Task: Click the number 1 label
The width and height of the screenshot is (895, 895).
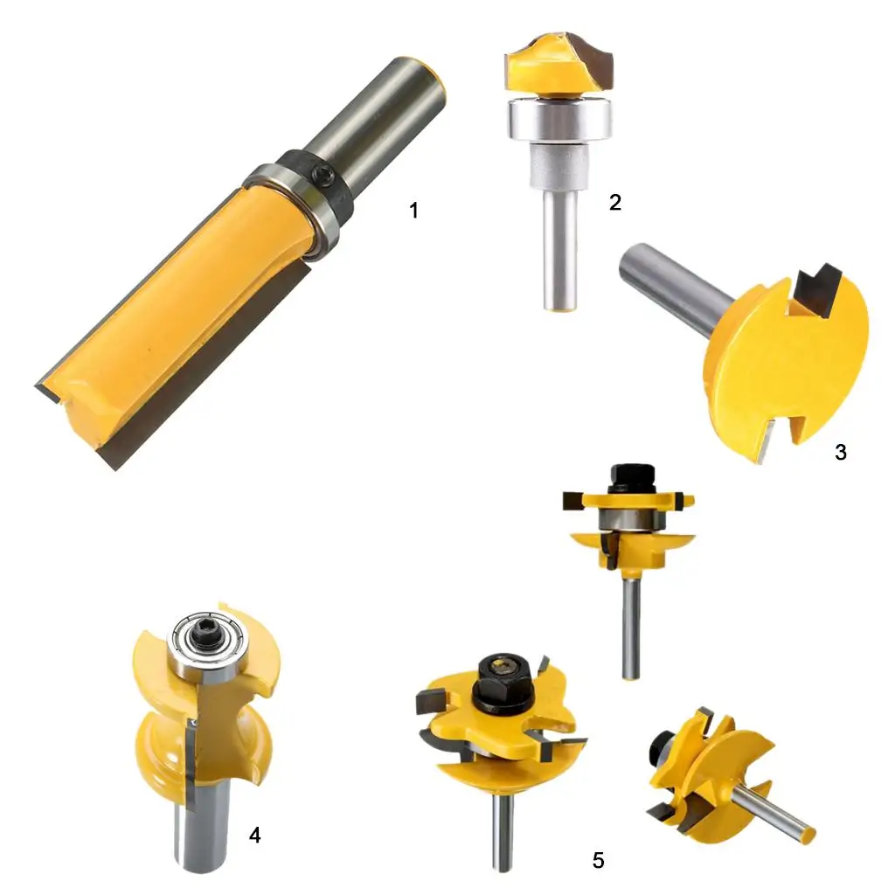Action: (413, 210)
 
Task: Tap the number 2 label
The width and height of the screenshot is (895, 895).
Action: (614, 202)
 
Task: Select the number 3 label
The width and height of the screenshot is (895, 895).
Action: (840, 452)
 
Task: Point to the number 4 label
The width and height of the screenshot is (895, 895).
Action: (254, 835)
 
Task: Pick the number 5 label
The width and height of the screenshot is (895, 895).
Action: (598, 860)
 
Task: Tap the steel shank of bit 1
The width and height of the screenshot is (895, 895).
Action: (377, 122)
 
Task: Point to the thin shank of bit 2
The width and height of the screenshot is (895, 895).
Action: (560, 250)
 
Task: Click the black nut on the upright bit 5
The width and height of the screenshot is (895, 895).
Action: (631, 478)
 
